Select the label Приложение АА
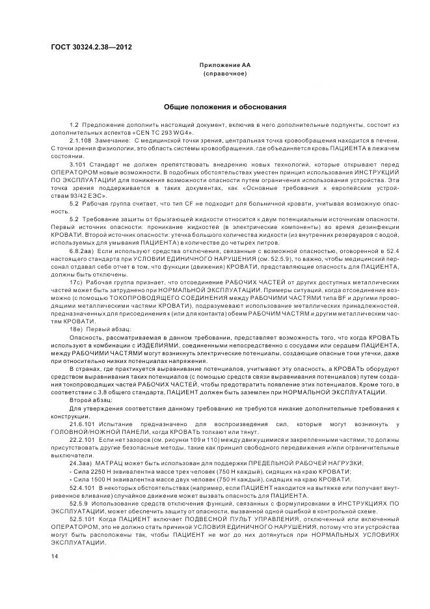click(x=224, y=66)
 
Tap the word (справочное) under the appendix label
click(x=224, y=75)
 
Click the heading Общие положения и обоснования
click(x=224, y=107)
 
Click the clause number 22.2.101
click(x=81, y=440)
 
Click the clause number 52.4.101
click(x=81, y=486)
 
